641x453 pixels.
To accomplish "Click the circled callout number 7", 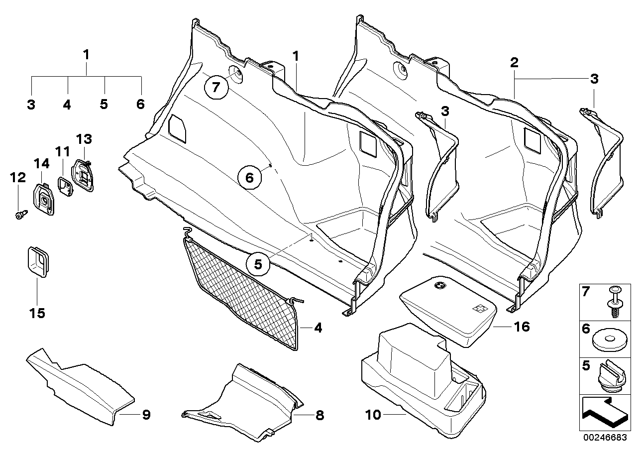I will tap(215, 88).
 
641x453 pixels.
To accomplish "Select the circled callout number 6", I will tap(249, 177).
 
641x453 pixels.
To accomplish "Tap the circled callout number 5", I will tap(258, 265).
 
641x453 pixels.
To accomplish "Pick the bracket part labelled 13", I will tap(83, 175).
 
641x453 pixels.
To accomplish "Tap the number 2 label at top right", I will tap(514, 63).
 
